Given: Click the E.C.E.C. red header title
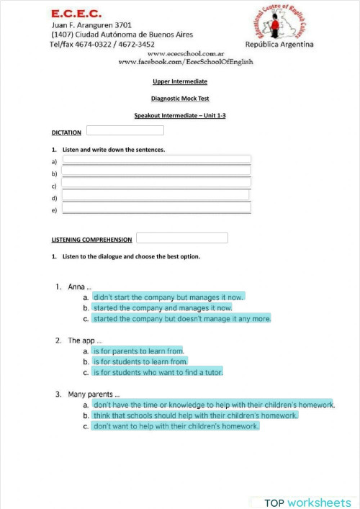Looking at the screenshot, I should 76,14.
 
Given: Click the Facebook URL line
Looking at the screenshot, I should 186,63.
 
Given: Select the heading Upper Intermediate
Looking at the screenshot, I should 180,82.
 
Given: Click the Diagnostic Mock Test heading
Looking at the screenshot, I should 180,99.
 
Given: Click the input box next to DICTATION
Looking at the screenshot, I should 125,130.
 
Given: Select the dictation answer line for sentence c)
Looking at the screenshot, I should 157,183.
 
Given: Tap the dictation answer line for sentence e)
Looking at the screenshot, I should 157,209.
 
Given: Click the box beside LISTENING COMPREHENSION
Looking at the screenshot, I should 181,238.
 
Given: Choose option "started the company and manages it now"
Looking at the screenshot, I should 162,307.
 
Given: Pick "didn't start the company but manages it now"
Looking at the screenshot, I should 168,297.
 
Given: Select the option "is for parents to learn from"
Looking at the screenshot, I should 138,351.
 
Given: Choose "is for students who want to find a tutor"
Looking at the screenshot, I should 158,372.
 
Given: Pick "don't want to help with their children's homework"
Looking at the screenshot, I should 176,426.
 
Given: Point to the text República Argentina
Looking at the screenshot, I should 279,45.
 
